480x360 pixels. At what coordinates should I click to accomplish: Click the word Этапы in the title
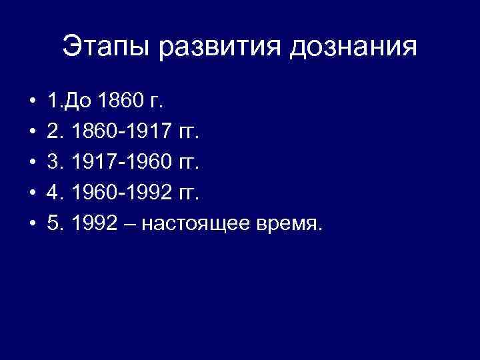click(x=101, y=48)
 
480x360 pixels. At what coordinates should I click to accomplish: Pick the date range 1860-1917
click(x=124, y=133)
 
